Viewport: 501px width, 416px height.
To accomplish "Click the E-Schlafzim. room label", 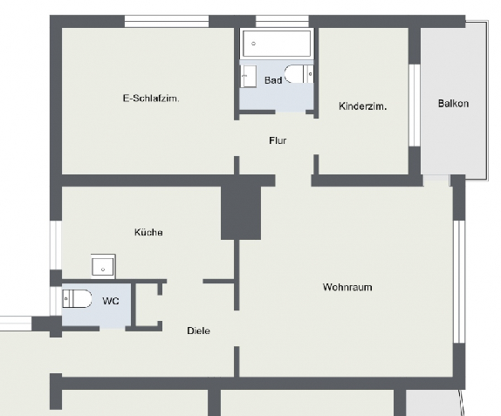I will pyautogui.click(x=151, y=99).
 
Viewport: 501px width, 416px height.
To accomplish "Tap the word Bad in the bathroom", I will pyautogui.click(x=273, y=80).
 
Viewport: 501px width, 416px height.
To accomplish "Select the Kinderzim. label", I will pyautogui.click(x=362, y=106).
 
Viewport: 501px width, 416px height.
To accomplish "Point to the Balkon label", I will pyautogui.click(x=453, y=104).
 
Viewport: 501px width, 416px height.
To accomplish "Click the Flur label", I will pyautogui.click(x=278, y=140).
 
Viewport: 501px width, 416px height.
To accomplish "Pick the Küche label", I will pyautogui.click(x=148, y=232).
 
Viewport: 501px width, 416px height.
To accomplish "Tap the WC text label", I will pyautogui.click(x=111, y=301).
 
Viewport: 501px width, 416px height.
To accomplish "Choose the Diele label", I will pyautogui.click(x=198, y=331).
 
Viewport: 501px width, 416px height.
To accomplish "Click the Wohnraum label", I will pyautogui.click(x=347, y=286).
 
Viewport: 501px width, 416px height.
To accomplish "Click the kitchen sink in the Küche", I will pyautogui.click(x=103, y=265).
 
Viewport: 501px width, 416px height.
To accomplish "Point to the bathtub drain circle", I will pyautogui.click(x=254, y=42).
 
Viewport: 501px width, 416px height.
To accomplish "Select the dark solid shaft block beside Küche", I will pyautogui.click(x=242, y=211).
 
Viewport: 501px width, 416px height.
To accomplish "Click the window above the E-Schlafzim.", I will pyautogui.click(x=167, y=21).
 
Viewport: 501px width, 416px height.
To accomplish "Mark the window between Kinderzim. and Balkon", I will pyautogui.click(x=415, y=102).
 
